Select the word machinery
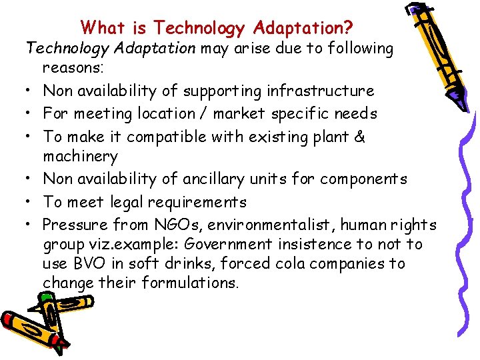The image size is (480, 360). (x=80, y=157)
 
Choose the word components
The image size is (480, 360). (x=363, y=179)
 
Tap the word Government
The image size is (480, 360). (x=237, y=244)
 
